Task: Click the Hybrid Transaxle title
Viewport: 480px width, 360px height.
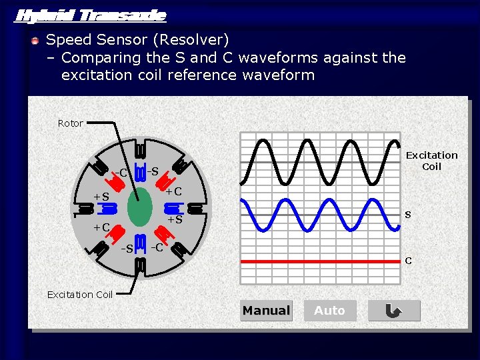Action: [90, 15]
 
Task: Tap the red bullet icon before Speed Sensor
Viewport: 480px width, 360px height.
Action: [35, 41]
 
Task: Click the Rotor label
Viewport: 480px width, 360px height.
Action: [71, 123]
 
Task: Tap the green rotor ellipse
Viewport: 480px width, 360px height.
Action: [141, 207]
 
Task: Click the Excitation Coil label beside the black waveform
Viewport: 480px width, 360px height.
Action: [432, 161]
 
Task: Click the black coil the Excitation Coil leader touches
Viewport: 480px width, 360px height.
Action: [141, 265]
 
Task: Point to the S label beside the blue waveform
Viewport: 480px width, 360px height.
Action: [408, 215]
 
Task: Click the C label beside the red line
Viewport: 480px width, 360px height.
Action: [408, 261]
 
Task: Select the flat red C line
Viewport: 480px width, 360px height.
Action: [320, 261]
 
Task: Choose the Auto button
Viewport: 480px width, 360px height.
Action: [329, 311]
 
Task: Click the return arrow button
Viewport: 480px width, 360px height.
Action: [394, 311]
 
